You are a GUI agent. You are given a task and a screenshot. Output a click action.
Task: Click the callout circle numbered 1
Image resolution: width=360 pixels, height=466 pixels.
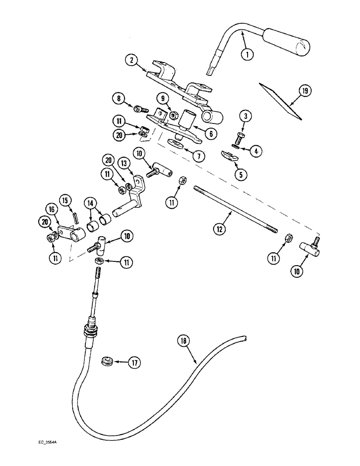point(248,54)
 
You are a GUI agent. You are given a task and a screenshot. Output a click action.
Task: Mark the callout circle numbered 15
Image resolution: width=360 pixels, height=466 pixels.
point(66,200)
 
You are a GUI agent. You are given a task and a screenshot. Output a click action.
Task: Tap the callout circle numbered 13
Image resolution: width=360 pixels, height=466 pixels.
point(125,164)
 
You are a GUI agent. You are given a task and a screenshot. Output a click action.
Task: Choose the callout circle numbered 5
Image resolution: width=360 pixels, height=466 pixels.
point(242,175)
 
